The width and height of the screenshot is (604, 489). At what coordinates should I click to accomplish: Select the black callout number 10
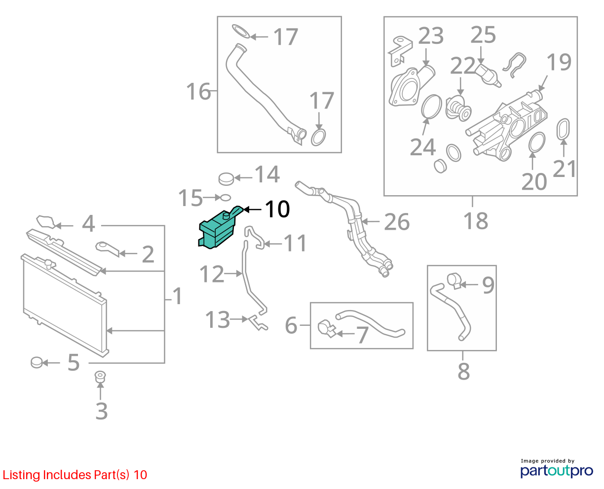click(277, 210)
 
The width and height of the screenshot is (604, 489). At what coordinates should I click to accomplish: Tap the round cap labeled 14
click(226, 179)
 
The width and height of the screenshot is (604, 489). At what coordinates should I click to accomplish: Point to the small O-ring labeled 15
click(226, 198)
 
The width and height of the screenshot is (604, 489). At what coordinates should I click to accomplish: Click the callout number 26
click(396, 221)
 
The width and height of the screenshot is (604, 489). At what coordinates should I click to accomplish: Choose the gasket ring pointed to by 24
click(431, 106)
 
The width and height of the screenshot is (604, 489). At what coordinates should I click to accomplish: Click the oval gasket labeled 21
click(563, 129)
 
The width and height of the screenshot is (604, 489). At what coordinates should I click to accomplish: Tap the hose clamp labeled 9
click(454, 280)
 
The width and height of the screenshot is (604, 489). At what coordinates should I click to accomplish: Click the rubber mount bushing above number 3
click(100, 376)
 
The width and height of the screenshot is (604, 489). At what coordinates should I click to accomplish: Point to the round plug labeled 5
click(37, 362)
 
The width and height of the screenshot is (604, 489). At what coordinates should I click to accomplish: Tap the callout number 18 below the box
click(476, 221)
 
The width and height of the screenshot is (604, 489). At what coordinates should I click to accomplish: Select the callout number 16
click(198, 92)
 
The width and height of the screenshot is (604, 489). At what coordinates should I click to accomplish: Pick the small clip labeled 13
click(258, 323)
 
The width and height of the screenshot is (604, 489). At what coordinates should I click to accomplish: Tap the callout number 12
click(212, 274)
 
